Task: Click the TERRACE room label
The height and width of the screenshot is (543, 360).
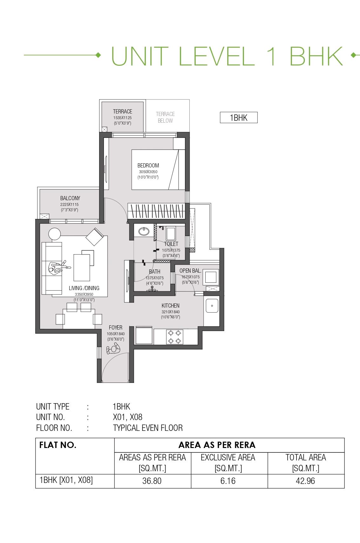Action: (x=122, y=112)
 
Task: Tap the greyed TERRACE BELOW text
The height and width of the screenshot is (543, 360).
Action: (x=165, y=117)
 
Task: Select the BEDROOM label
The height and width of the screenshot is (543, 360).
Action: (x=148, y=166)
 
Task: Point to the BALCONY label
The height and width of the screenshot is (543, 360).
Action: (x=70, y=198)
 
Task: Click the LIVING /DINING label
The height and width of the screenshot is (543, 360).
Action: (x=84, y=288)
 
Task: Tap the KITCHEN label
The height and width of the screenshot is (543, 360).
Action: (x=170, y=306)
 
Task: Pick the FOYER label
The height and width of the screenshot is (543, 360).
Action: (x=116, y=328)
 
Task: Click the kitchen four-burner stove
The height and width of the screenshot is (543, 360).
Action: (x=174, y=337)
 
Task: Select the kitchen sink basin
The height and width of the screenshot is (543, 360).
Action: (x=212, y=306)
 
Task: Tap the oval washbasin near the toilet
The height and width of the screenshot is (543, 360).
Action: (x=144, y=231)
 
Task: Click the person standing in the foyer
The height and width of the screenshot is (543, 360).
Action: (x=113, y=349)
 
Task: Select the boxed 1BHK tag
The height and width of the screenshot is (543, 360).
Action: (x=239, y=118)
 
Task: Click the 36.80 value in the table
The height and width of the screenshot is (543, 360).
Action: (x=152, y=481)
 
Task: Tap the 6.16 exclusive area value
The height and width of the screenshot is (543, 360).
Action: (x=228, y=481)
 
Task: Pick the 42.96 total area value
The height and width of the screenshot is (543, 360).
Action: (x=305, y=481)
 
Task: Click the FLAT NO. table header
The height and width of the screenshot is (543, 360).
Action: (x=58, y=445)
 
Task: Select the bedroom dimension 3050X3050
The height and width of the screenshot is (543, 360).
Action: (x=148, y=172)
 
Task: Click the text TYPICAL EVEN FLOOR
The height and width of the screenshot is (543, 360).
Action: (x=148, y=428)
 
